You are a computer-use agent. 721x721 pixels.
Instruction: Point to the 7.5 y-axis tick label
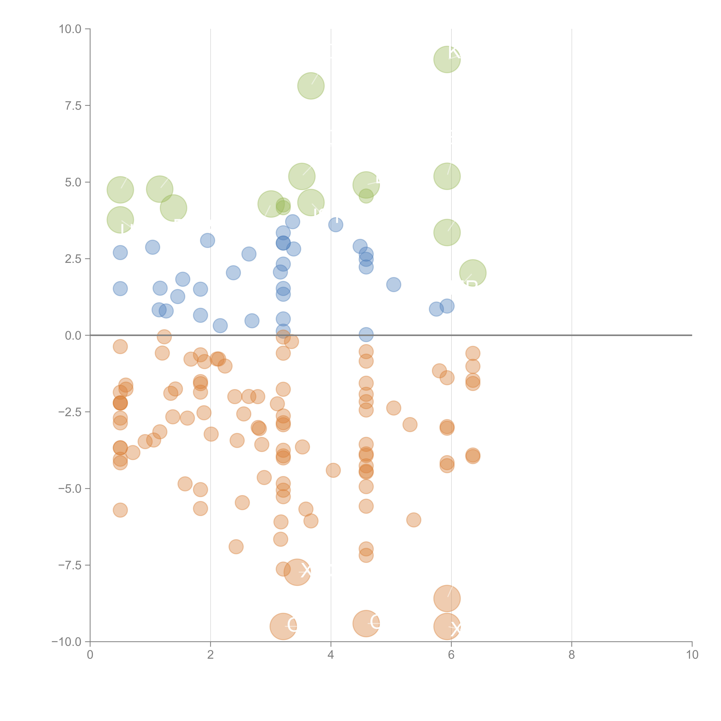point(73,106)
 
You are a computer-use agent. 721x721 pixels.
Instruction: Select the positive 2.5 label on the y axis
point(73,259)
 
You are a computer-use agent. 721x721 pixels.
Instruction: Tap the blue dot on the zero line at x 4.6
point(366,335)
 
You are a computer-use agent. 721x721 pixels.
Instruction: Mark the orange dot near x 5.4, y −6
point(413,519)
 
